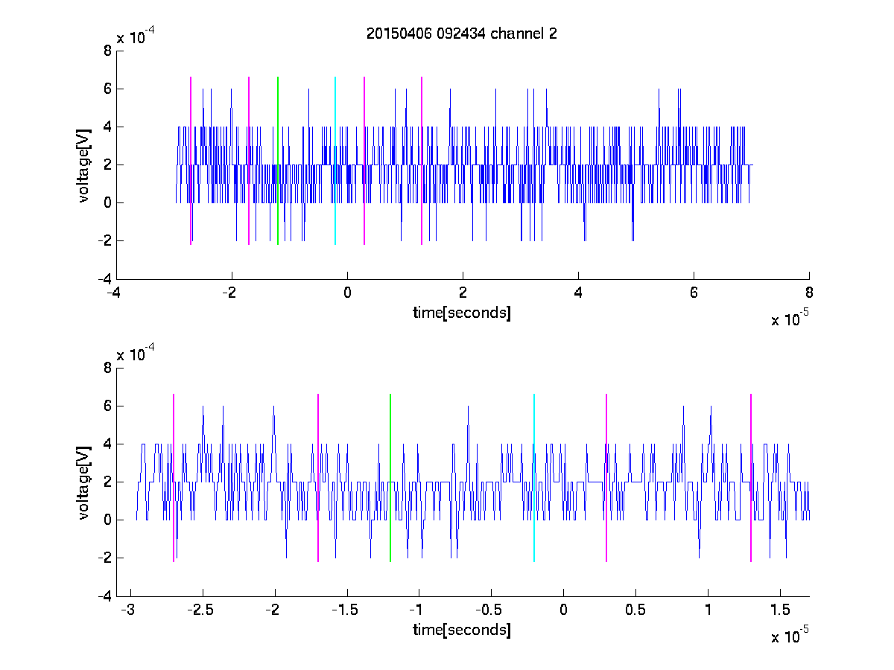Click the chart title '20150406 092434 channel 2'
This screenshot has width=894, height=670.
click(461, 33)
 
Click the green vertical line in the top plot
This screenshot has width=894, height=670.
click(278, 161)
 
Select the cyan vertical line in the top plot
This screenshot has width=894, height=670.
click(335, 161)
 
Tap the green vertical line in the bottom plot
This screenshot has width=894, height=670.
click(390, 478)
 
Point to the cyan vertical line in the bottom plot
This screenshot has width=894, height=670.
click(534, 478)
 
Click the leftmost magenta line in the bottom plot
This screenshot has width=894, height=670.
click(174, 478)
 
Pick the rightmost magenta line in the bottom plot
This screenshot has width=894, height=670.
click(751, 478)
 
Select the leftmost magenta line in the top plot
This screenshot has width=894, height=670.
click(191, 161)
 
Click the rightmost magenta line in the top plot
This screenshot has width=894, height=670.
click(422, 161)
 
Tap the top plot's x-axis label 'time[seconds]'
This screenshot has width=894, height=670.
click(461, 313)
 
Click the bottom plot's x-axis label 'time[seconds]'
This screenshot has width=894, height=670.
click(461, 630)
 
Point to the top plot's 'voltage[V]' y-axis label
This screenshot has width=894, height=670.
click(83, 165)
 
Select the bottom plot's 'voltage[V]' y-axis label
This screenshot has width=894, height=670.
click(83, 483)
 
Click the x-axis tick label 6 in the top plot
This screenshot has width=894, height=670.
click(694, 293)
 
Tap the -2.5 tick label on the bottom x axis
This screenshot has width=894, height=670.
click(200, 610)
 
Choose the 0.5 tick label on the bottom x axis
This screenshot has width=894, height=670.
click(635, 610)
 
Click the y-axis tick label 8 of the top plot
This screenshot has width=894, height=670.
click(107, 51)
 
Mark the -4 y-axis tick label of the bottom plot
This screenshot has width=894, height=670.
click(105, 596)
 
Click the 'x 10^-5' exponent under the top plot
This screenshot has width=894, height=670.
click(790, 318)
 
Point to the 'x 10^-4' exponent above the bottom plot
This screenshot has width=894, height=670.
click(136, 353)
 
